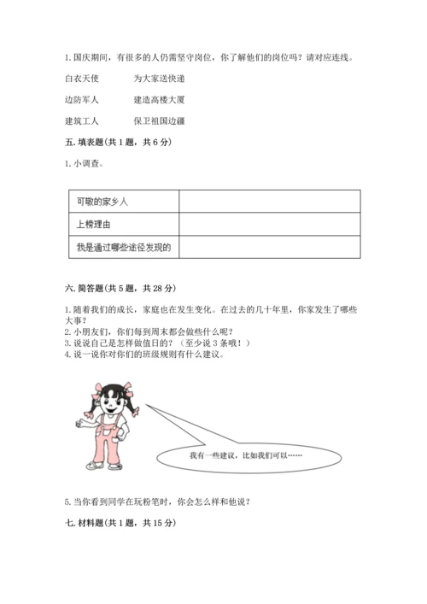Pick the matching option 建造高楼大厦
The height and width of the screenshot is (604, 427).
coord(160,100)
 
